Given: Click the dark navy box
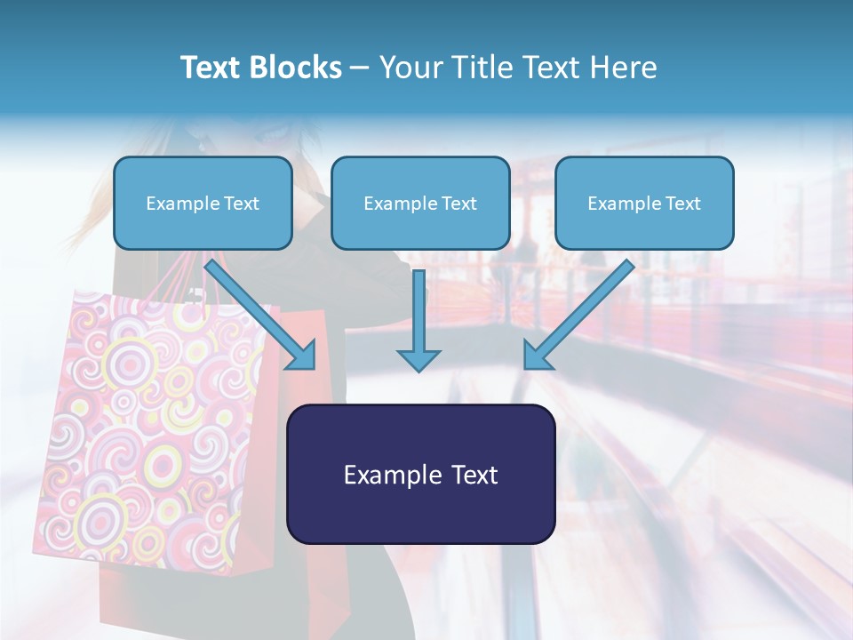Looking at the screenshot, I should (420, 516).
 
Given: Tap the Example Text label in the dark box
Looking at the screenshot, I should (420, 475).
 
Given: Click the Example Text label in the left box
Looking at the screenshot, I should (203, 204).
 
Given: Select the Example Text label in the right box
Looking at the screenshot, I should (644, 204).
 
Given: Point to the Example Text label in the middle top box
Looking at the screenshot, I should (420, 204).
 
